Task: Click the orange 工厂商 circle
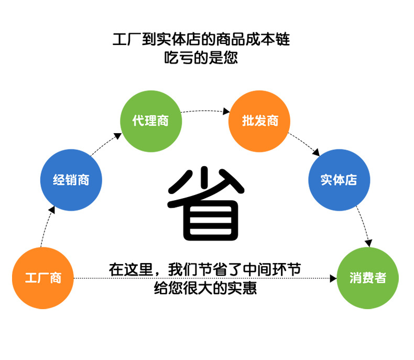(x=43, y=278)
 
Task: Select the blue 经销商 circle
(x=71, y=180)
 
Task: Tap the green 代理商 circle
(x=151, y=121)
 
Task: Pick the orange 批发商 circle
(x=259, y=121)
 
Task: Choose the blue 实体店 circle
(x=339, y=180)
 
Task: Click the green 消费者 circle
(x=368, y=278)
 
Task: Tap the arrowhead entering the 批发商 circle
(x=226, y=112)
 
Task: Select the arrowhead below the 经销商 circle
(x=51, y=210)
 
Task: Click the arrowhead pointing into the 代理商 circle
(x=117, y=136)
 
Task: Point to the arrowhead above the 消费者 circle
(x=368, y=243)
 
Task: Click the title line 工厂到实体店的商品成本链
(x=201, y=39)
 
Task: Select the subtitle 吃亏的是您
(x=201, y=58)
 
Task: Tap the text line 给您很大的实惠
(x=205, y=288)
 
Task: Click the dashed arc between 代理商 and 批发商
(x=204, y=111)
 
